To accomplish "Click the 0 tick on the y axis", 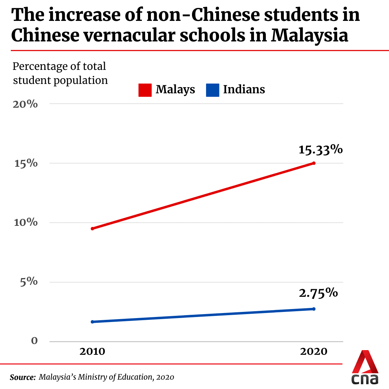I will tap(35, 341).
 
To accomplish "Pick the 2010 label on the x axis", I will tap(92, 352).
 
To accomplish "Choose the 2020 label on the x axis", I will tap(314, 352).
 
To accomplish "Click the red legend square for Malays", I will tap(145, 90).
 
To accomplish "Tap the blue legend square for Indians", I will tap(213, 90).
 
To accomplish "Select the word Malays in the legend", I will tap(175, 89).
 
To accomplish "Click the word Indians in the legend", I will tap(244, 89).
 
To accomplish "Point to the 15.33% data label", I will tap(320, 149).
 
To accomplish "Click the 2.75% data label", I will tap(318, 293).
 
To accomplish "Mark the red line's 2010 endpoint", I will tap(92, 229).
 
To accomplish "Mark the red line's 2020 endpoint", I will tap(314, 163).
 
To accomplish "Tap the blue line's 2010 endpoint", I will tap(92, 322).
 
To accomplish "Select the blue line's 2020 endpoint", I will tap(314, 309).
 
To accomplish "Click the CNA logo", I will tap(365, 367).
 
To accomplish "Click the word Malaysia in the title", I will tap(309, 35).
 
